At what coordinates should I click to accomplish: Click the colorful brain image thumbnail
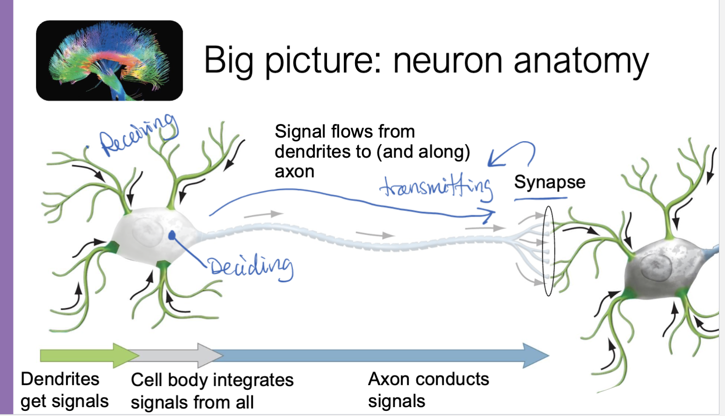[x=109, y=61]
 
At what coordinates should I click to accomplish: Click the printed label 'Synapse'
[x=549, y=182]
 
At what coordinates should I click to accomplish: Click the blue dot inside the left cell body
[x=172, y=235]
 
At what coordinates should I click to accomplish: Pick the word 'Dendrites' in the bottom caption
[x=60, y=379]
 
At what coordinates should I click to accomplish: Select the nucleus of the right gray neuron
[x=656, y=268]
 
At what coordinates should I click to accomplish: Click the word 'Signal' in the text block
[x=300, y=132]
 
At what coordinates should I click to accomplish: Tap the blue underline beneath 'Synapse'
[x=540, y=199]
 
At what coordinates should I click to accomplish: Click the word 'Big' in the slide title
[x=228, y=61]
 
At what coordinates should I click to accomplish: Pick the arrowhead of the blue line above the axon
[x=490, y=215]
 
